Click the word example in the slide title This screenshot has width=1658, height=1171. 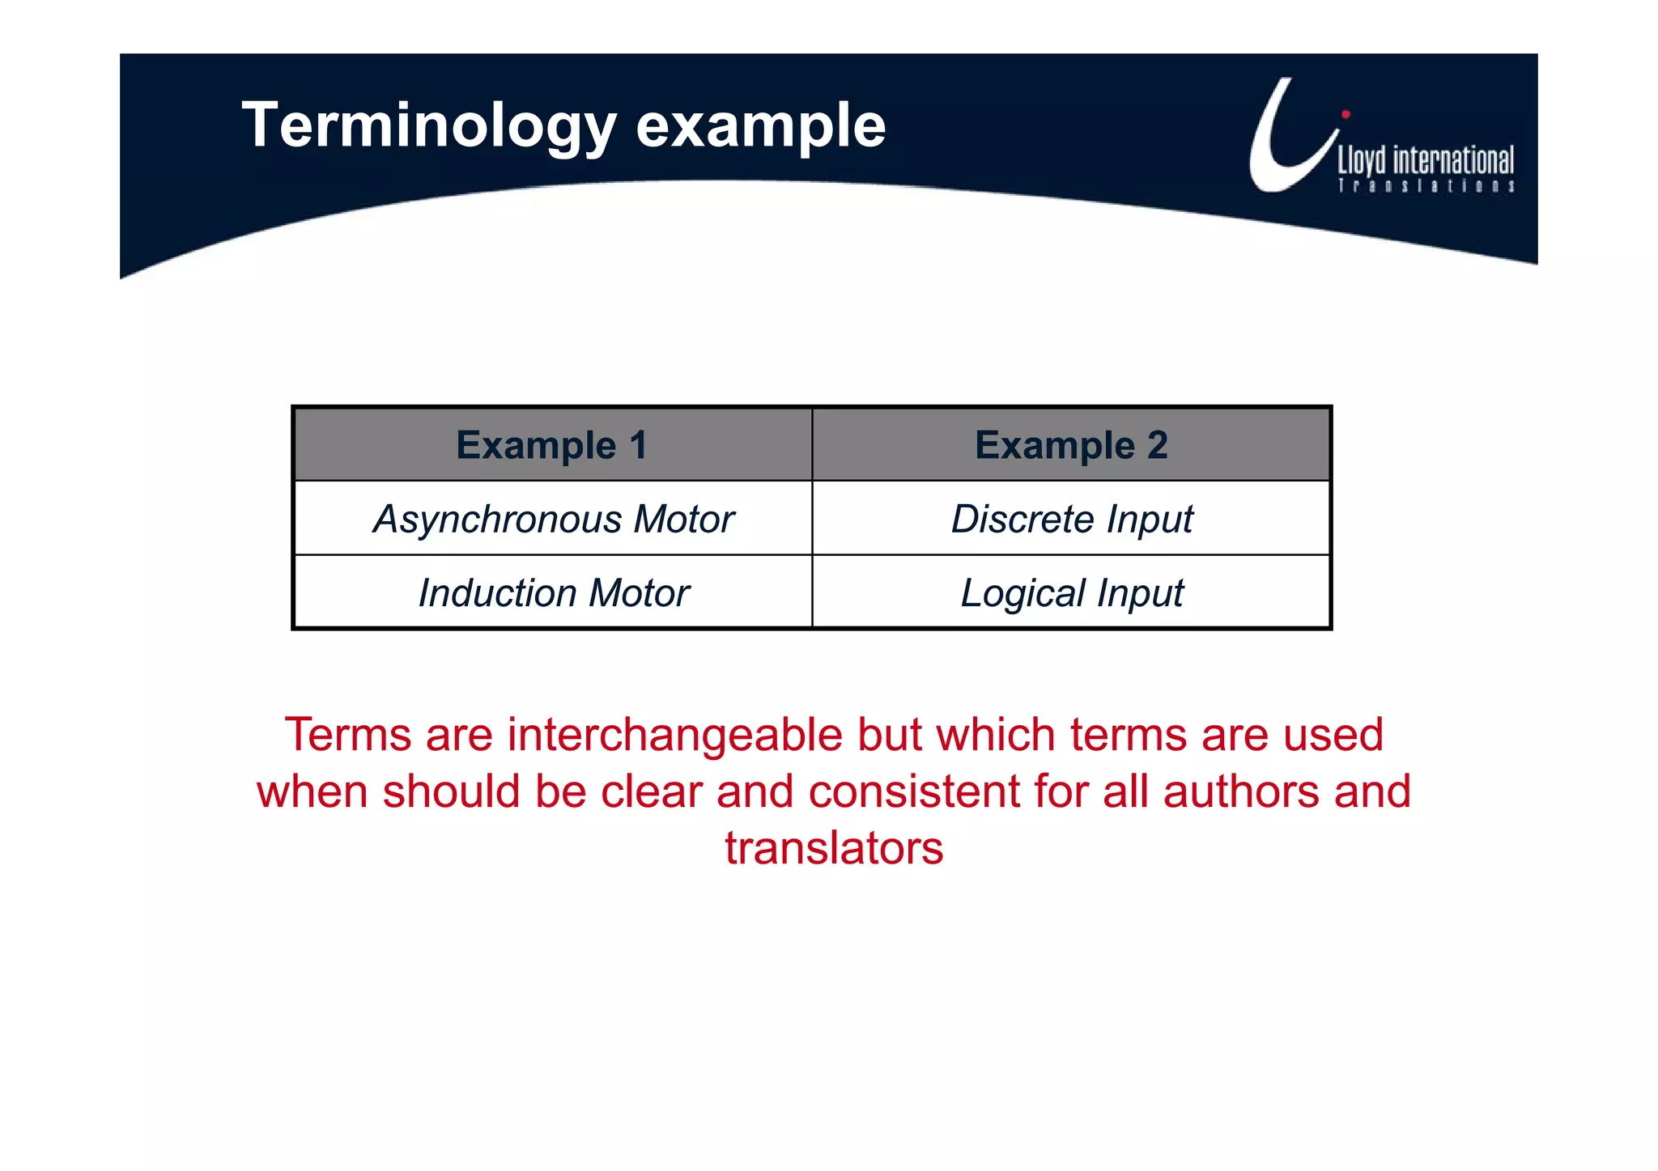[760, 127]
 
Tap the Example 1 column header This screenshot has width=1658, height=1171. [552, 445]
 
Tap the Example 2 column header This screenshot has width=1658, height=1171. [1070, 445]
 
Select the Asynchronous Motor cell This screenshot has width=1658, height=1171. [553, 519]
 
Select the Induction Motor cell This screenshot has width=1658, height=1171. [553, 592]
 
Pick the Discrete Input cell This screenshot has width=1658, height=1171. [1071, 519]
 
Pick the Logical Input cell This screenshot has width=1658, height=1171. [1071, 592]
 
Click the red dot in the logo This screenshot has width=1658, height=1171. [1346, 114]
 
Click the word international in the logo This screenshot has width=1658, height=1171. [1452, 160]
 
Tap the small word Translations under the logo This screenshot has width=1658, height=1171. [1425, 186]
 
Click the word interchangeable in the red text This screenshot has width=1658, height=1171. [675, 735]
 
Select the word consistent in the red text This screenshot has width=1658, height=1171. [914, 791]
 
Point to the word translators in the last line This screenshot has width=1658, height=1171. [834, 848]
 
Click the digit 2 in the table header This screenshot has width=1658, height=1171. [1157, 445]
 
